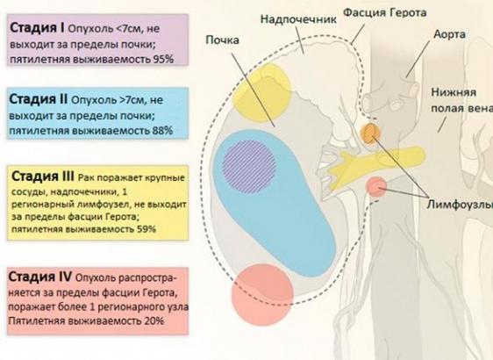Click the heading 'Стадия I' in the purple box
(38, 28)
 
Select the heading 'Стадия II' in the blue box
(39, 99)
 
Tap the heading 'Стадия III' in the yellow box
(43, 176)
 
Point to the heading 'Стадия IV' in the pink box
(40, 277)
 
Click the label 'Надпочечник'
(298, 19)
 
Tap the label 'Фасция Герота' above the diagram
(384, 12)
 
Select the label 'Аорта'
(450, 34)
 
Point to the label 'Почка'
(222, 40)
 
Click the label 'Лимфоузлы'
(460, 205)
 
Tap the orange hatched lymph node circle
(370, 133)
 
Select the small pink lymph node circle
(376, 187)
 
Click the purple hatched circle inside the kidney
(249, 167)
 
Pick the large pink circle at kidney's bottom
(262, 294)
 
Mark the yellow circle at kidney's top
(261, 92)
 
